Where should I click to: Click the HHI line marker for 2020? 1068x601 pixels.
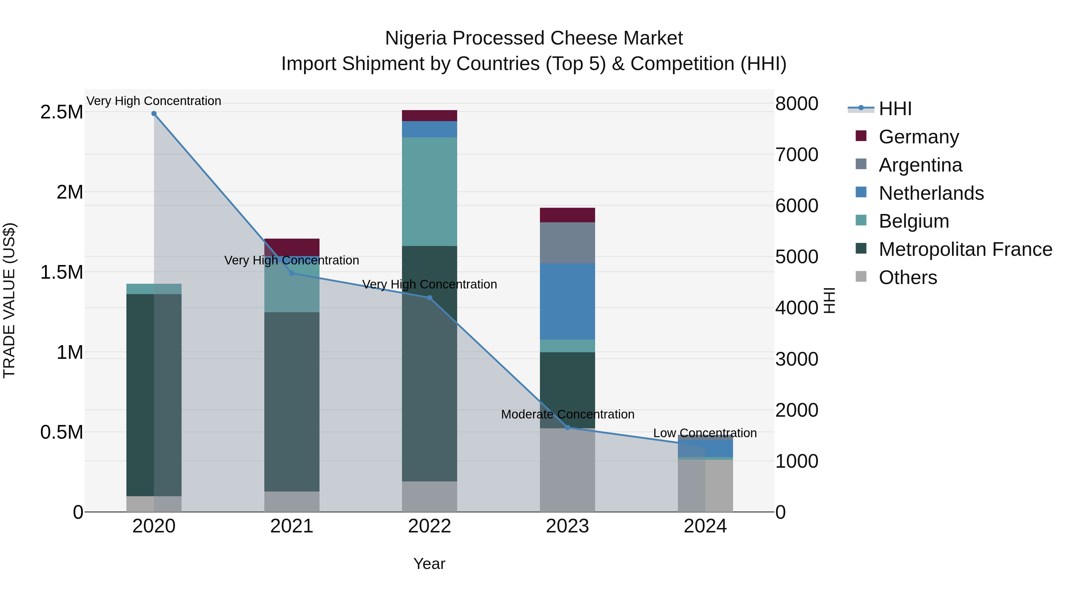[154, 114]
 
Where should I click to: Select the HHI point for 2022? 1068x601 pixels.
[430, 298]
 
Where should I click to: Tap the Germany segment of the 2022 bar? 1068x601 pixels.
[430, 116]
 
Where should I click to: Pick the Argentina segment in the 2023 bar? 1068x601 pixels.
[567, 243]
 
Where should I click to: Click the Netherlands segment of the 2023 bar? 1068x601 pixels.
[567, 301]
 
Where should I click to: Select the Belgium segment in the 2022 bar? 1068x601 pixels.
[430, 192]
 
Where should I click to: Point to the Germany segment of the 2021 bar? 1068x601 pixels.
[292, 247]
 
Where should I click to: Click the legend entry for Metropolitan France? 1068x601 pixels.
[965, 249]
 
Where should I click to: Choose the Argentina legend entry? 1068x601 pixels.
[920, 165]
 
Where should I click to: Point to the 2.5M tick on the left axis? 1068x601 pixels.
[61, 112]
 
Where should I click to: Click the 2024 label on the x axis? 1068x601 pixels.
[705, 526]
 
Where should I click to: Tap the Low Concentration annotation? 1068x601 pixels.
[705, 433]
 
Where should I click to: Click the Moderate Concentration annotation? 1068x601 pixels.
[567, 414]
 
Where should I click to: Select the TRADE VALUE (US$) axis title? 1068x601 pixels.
[9, 300]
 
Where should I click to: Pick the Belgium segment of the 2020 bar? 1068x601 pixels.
[154, 289]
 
